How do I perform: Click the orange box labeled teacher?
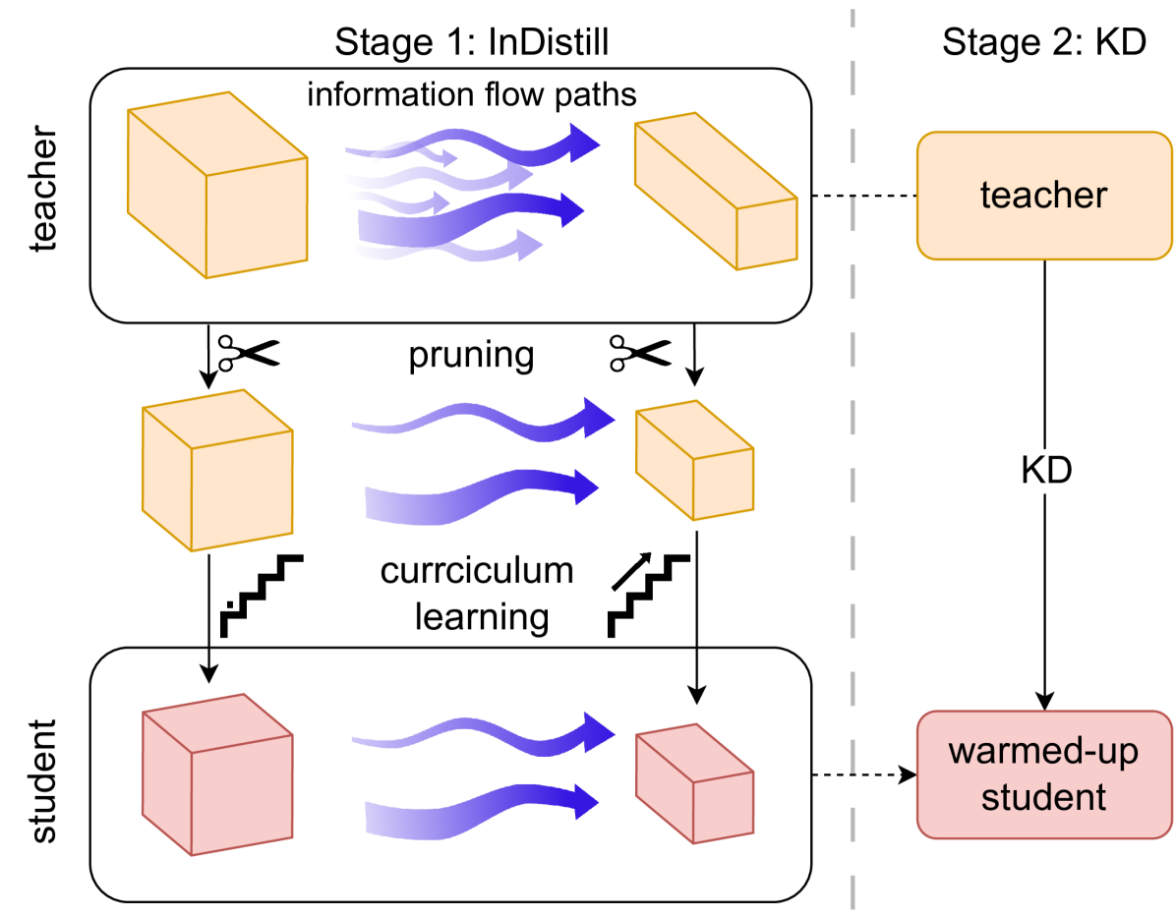click(1044, 196)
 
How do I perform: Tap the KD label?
click(1046, 473)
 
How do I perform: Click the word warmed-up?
click(1043, 752)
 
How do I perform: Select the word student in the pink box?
click(1043, 797)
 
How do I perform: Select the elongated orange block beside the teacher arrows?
click(715, 192)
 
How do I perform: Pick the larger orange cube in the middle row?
click(217, 472)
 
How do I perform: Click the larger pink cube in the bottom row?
click(217, 776)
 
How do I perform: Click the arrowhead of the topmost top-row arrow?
click(584, 143)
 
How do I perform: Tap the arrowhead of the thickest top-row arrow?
click(571, 210)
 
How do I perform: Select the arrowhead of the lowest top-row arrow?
click(530, 246)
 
